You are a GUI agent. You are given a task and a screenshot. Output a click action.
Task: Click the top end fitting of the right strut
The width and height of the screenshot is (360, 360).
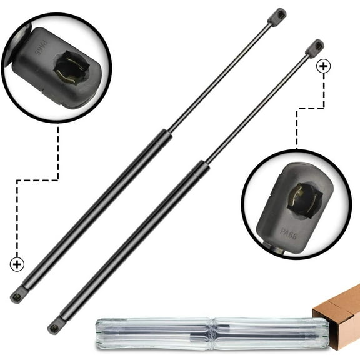(314, 47)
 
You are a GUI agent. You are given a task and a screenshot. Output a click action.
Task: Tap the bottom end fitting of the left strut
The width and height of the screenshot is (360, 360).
(19, 294)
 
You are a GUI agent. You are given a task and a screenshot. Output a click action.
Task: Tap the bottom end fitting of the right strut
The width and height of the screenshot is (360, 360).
(57, 325)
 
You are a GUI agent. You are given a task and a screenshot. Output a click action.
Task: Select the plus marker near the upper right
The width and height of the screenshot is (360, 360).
(323, 66)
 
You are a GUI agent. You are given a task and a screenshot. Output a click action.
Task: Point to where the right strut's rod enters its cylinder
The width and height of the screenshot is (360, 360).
(202, 165)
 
